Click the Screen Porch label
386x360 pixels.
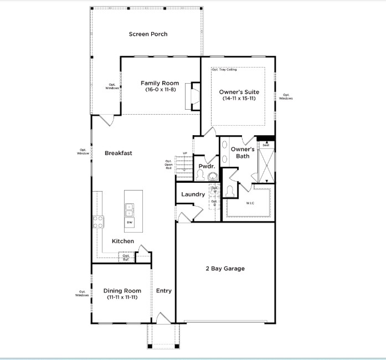click(x=148, y=34)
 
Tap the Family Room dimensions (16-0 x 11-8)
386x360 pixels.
click(x=161, y=90)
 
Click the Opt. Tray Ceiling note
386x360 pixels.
click(x=224, y=70)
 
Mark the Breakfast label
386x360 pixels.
click(x=119, y=153)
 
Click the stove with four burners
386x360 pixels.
click(x=98, y=222)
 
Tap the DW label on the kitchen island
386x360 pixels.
click(x=130, y=222)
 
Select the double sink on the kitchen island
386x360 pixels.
click(x=130, y=210)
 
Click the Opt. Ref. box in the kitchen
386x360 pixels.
click(x=126, y=257)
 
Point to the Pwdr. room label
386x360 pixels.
click(x=207, y=166)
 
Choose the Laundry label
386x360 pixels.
click(x=193, y=194)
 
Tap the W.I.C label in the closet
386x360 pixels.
click(x=251, y=203)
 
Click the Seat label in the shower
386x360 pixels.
click(x=266, y=145)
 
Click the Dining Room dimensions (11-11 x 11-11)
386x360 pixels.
click(x=122, y=297)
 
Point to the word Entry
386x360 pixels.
click(x=163, y=291)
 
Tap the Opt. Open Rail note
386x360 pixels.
click(x=168, y=164)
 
